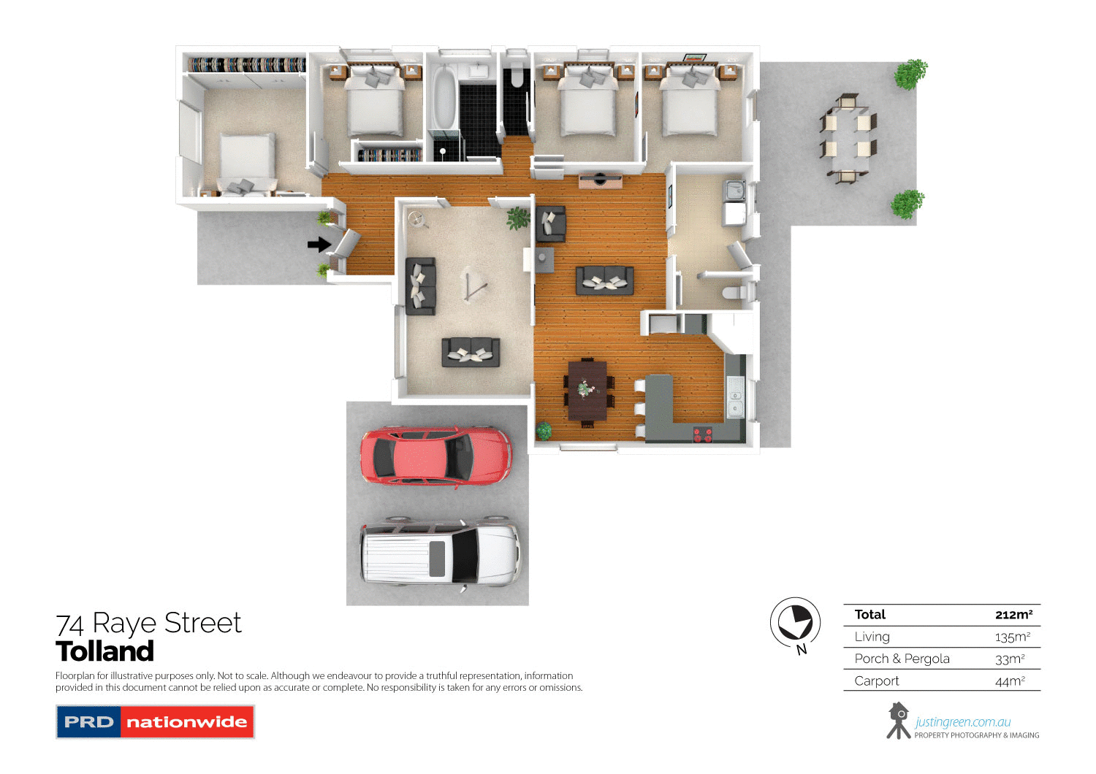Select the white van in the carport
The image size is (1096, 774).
(x=440, y=553)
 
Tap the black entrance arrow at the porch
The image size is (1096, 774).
(x=319, y=245)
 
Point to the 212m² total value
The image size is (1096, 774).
(x=1013, y=615)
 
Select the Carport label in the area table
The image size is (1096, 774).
(x=876, y=681)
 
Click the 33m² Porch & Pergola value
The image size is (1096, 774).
(x=1010, y=659)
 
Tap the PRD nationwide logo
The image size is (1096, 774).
(x=155, y=721)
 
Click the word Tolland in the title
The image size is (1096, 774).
(x=105, y=651)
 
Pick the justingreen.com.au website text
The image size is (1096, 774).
(x=962, y=722)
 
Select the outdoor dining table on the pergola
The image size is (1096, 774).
(x=847, y=139)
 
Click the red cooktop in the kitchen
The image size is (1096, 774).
(x=702, y=434)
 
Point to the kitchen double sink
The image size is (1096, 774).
(x=735, y=398)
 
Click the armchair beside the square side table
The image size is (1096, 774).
(x=550, y=224)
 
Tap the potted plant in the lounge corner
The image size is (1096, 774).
(x=518, y=218)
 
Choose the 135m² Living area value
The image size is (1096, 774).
(x=1012, y=637)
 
